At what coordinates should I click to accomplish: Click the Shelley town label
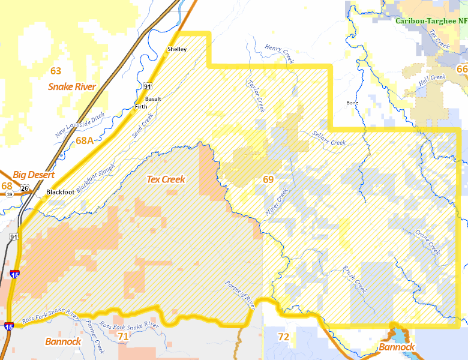[177, 49]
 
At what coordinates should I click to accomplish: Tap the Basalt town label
[154, 98]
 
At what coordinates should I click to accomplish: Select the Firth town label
[141, 107]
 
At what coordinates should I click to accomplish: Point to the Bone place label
[352, 103]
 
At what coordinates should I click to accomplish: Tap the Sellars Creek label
[329, 139]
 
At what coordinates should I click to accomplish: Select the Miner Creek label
[277, 202]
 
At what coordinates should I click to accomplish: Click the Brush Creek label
[354, 280]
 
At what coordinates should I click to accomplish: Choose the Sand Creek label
[142, 125]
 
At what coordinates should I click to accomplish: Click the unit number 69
[268, 179]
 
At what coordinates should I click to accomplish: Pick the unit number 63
[56, 71]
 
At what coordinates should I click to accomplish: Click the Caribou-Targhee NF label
[431, 20]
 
